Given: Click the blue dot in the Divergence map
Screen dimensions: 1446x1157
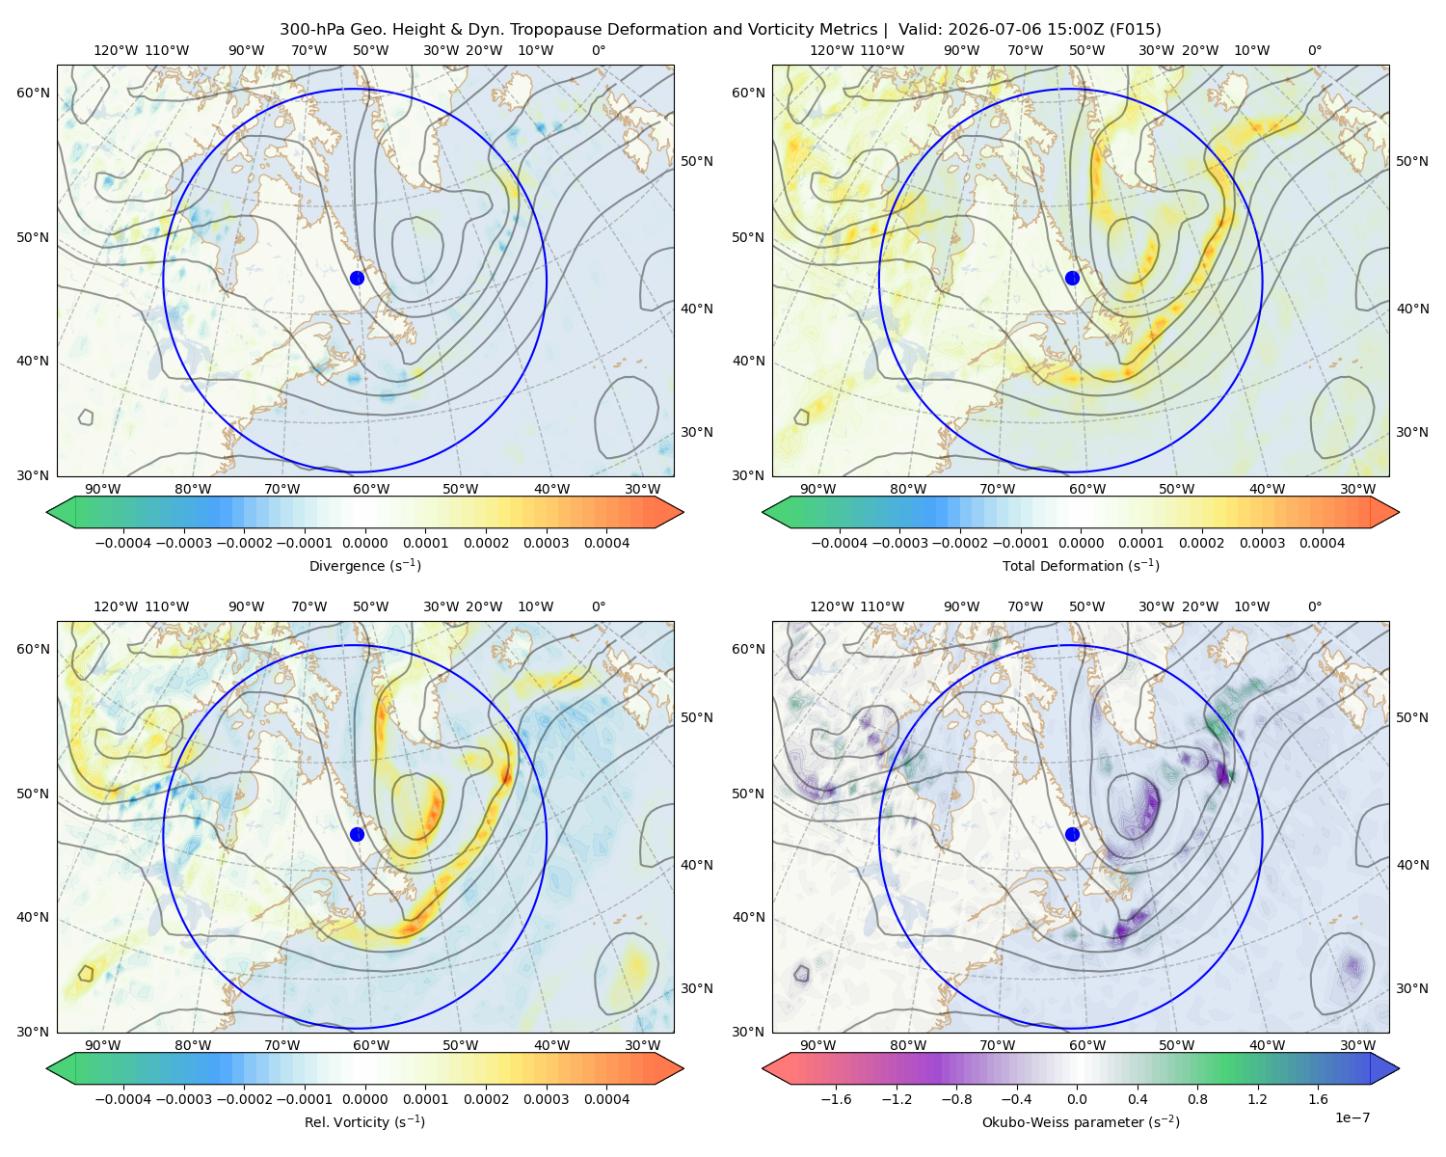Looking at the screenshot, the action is [357, 278].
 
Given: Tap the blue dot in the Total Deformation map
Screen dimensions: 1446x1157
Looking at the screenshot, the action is [1072, 278].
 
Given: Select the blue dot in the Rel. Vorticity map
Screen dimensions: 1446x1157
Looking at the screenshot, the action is [357, 834].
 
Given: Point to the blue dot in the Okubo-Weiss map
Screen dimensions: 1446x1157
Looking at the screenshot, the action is [1072, 834].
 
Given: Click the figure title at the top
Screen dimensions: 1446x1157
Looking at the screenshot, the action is [720, 30].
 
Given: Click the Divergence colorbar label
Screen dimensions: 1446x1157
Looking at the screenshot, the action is [364, 565].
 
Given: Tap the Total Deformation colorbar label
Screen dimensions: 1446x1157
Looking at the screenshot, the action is [1081, 565].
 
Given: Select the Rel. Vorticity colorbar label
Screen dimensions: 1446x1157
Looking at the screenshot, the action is [364, 1121].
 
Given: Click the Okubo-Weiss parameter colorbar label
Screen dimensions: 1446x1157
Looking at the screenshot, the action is [1081, 1121].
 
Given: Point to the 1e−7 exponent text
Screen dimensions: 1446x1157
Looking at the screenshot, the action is [1352, 1117].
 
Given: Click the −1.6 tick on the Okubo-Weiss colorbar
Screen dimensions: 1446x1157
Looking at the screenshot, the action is [836, 1099].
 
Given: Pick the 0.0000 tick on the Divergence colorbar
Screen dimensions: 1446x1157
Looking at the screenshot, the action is [364, 543].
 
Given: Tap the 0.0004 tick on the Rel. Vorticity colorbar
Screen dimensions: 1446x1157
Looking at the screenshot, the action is [606, 1099].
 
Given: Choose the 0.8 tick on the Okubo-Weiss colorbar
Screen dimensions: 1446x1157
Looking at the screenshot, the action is [1197, 1099].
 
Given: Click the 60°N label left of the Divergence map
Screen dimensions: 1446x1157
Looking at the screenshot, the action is [33, 93].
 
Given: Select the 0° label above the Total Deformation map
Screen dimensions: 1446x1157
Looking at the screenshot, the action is [1314, 50].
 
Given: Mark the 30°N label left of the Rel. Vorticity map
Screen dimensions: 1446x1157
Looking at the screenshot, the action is [33, 1032].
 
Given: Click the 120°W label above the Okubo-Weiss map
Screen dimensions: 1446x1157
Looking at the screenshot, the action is [832, 606].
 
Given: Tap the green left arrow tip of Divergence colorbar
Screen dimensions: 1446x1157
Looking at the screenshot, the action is [47, 512].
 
